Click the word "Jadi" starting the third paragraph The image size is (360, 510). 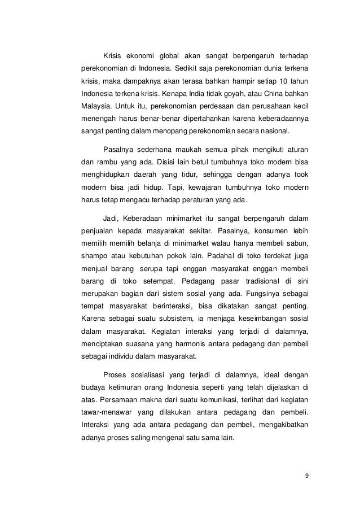[x=111, y=218]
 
